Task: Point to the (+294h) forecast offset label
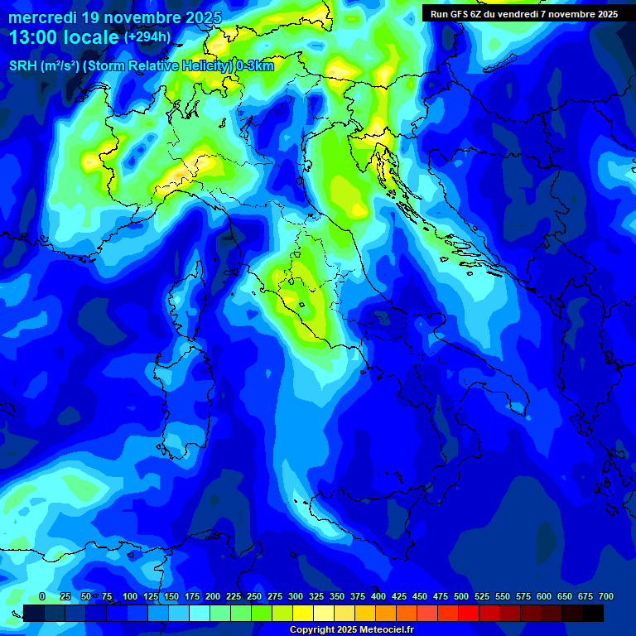pyautogui.click(x=147, y=36)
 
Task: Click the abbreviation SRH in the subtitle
pyautogui.click(x=23, y=66)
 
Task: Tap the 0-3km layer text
pyautogui.click(x=255, y=66)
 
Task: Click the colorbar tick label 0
pyautogui.click(x=42, y=596)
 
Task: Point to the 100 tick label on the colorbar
pyautogui.click(x=129, y=596)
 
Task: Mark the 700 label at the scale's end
pyautogui.click(x=606, y=596)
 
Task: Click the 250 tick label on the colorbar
pyautogui.click(x=254, y=596)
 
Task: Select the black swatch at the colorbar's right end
pyautogui.click(x=593, y=613)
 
